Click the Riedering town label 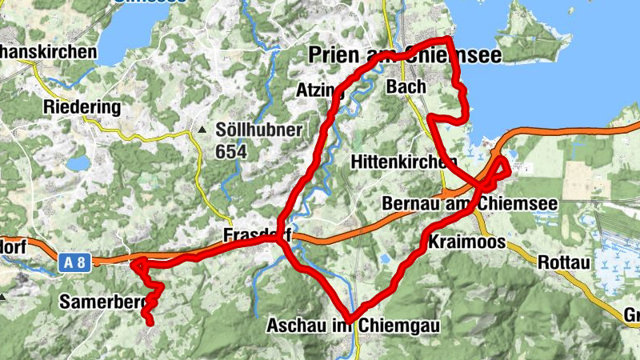click(x=82, y=107)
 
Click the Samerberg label click(x=100, y=302)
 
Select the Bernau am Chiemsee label click(x=470, y=203)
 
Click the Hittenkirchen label click(x=398, y=162)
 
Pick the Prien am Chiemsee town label click(x=405, y=54)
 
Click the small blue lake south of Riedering click(x=78, y=163)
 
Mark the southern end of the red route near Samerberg click(x=149, y=322)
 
